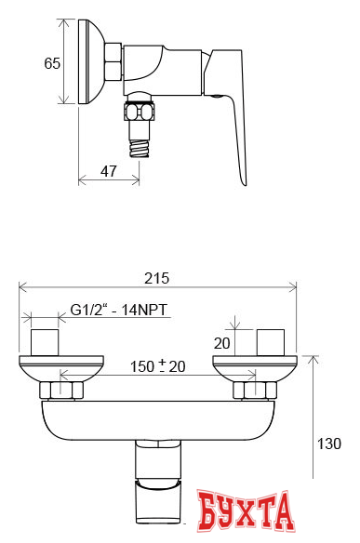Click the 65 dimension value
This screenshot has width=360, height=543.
(52, 63)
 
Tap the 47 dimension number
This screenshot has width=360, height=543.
(109, 171)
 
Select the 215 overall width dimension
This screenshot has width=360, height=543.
(157, 278)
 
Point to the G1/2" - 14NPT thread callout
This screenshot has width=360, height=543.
(119, 310)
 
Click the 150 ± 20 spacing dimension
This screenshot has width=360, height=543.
(157, 366)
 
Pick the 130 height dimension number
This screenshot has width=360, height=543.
(329, 444)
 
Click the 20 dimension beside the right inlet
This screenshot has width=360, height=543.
(221, 343)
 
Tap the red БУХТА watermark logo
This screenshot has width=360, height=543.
(246, 511)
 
